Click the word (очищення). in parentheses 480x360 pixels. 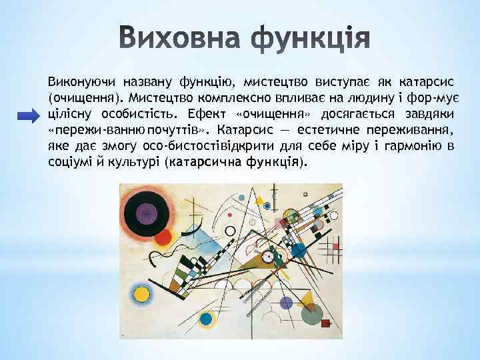pos(86,99)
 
